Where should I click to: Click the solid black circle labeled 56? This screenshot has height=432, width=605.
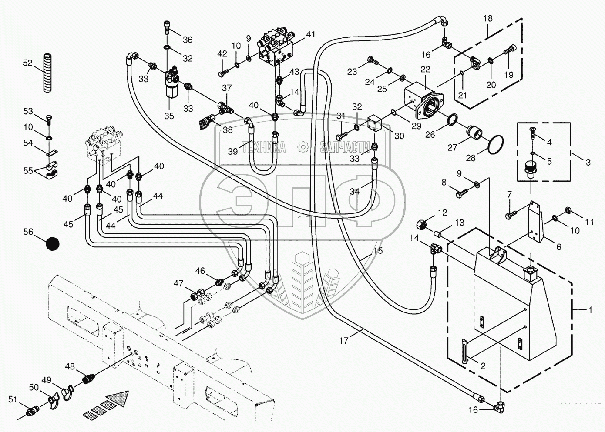coord(53,243)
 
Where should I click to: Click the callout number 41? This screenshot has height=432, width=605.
coord(310,35)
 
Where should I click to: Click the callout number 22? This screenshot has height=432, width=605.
coord(425,69)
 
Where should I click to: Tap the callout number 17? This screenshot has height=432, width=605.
coord(344,340)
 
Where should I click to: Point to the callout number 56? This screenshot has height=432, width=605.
coord(28,233)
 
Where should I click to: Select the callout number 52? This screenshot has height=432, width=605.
coord(27,63)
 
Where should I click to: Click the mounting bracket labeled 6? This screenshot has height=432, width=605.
coord(536,222)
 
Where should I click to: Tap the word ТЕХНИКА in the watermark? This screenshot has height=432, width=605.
coord(264,147)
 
